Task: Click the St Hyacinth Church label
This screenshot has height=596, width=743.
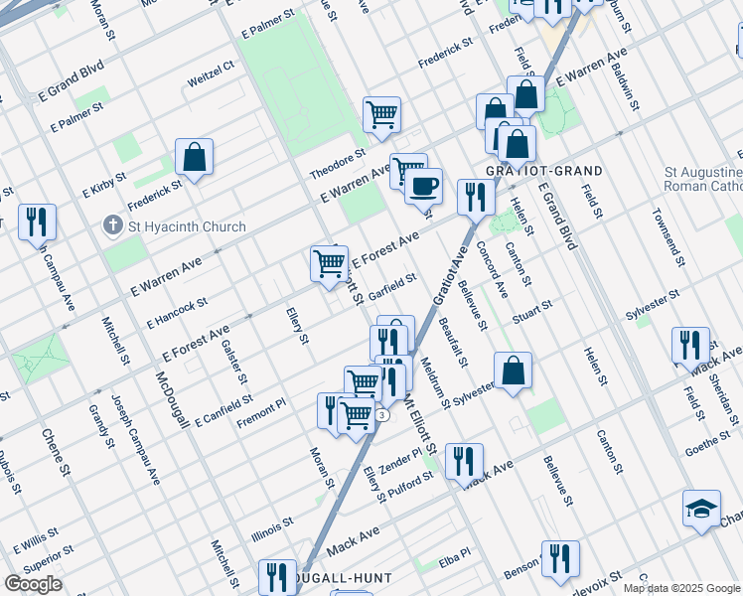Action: click(187, 226)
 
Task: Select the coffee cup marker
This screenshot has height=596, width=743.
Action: click(424, 185)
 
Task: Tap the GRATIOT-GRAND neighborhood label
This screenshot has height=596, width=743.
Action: click(543, 171)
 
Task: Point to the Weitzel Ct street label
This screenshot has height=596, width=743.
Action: click(211, 71)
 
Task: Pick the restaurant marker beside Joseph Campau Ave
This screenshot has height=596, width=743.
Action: click(38, 223)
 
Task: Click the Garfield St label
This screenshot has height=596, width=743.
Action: click(391, 284)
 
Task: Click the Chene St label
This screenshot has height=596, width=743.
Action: click(54, 450)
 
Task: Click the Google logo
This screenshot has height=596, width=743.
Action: click(33, 584)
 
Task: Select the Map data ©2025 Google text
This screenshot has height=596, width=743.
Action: click(681, 588)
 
